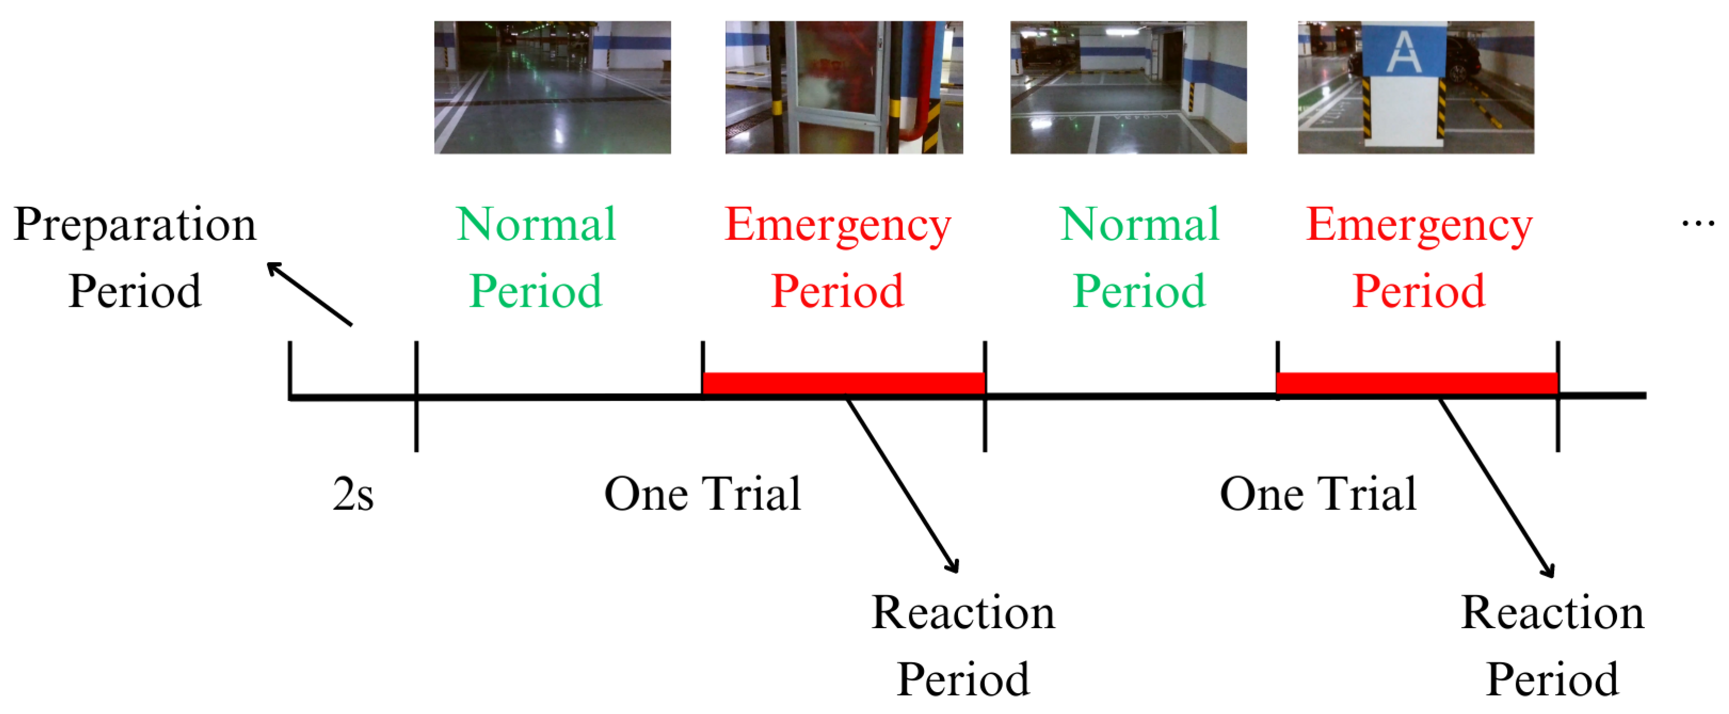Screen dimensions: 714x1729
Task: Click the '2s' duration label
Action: click(353, 495)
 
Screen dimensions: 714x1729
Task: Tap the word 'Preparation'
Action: click(135, 225)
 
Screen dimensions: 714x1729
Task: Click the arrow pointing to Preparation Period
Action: click(310, 294)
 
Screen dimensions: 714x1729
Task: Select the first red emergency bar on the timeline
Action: click(843, 383)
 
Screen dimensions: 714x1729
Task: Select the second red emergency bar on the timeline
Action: click(1417, 383)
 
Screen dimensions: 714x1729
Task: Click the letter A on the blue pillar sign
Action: click(1404, 52)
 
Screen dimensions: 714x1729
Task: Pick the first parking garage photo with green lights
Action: click(553, 87)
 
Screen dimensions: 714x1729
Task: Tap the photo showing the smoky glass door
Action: click(843, 87)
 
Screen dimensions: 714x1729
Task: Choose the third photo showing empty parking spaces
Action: click(1129, 87)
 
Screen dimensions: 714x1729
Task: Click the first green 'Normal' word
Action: click(535, 224)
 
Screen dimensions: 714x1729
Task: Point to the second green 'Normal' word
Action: click(1139, 224)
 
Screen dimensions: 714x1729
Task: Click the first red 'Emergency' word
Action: click(838, 225)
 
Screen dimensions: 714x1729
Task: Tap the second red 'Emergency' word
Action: click(1419, 225)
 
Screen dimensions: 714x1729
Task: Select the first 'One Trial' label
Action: click(702, 494)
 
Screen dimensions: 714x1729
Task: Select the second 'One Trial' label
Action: click(1318, 494)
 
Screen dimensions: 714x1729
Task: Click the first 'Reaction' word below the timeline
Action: click(963, 613)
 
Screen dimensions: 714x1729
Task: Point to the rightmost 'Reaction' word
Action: click(1553, 613)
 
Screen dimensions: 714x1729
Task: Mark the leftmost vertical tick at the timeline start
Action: click(290, 369)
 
